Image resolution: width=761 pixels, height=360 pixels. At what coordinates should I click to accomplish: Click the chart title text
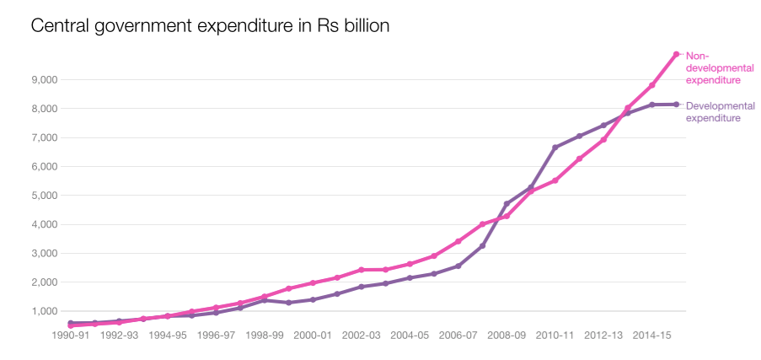coord(210,26)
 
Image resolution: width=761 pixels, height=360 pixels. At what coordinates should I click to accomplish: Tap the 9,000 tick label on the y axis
coord(43,80)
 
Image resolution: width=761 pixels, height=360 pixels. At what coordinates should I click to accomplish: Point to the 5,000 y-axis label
coord(43,196)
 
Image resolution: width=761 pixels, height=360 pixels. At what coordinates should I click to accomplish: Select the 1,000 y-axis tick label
coord(43,311)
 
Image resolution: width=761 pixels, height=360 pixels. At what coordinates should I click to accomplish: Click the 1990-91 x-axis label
coord(71,335)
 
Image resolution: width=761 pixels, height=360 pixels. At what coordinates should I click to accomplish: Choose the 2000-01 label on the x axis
coord(313,335)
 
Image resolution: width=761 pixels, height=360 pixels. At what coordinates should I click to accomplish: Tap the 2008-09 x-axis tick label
coord(506,335)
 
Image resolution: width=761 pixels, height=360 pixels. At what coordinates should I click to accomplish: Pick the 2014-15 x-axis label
coord(652,335)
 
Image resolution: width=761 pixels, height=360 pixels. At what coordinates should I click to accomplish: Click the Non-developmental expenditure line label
coord(713,68)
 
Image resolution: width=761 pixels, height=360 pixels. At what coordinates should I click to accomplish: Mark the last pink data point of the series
coord(676,55)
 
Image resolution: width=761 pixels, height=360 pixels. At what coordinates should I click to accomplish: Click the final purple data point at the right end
coord(676,105)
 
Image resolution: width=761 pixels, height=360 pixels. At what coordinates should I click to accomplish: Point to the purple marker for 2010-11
coord(555,148)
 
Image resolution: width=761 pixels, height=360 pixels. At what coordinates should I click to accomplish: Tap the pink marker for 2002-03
coord(361,270)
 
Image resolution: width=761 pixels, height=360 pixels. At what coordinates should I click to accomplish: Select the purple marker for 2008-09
coord(506,204)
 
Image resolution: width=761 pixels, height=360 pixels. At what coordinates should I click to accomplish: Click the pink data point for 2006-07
coord(458,241)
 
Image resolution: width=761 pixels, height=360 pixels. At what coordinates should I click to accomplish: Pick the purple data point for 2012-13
coord(603,126)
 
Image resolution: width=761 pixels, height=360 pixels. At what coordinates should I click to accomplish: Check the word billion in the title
coord(364,26)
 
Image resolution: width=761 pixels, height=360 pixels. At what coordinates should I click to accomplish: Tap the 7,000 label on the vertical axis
coord(43,137)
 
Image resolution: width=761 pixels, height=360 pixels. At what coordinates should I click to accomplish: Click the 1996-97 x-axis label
coord(216,335)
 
